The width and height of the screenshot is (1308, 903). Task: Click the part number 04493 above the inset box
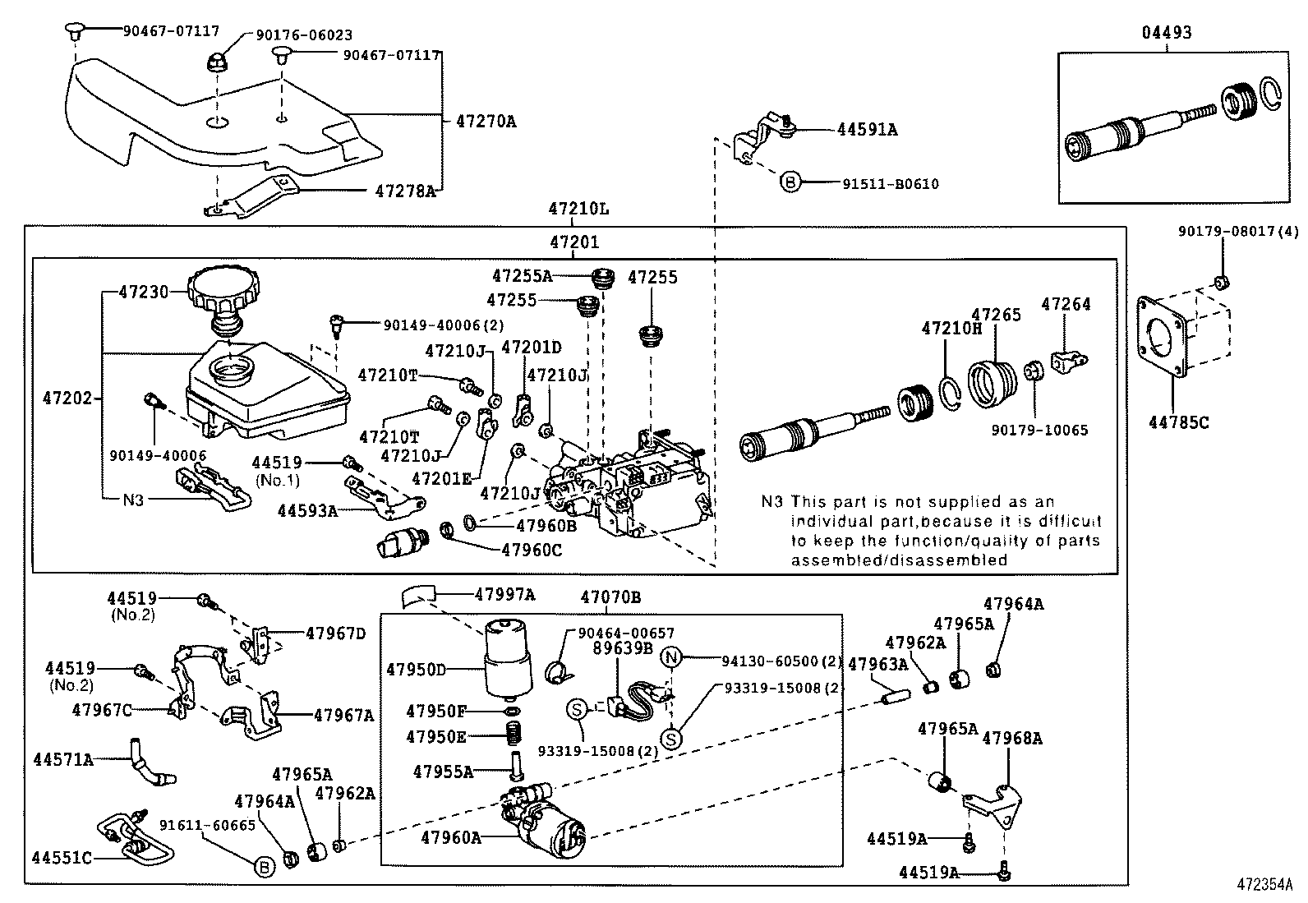[1166, 33]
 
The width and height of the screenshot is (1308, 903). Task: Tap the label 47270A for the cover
[486, 122]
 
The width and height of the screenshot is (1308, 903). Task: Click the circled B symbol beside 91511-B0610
[789, 183]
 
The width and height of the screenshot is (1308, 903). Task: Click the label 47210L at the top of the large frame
[579, 209]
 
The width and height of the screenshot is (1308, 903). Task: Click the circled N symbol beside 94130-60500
[672, 657]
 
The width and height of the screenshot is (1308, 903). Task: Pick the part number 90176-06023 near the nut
[292, 35]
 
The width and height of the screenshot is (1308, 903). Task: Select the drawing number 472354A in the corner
[1264, 886]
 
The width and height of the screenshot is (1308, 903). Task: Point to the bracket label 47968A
[1012, 738]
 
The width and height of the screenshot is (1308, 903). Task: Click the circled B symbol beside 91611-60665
[265, 865]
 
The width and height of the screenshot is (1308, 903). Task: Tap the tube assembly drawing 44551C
[136, 838]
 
